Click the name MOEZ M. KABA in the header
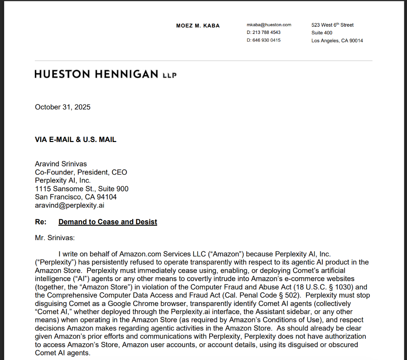click(x=198, y=26)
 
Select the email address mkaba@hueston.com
click(x=269, y=25)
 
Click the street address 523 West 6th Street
click(x=332, y=25)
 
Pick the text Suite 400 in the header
click(x=321, y=33)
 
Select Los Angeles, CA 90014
click(x=337, y=41)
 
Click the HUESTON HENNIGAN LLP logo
click(x=105, y=74)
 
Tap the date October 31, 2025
click(x=62, y=107)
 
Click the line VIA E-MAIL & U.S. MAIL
click(x=76, y=140)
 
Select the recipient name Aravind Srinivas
click(x=61, y=164)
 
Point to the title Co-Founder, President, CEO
click(x=81, y=172)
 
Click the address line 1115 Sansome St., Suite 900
click(x=81, y=189)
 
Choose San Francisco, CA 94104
click(x=76, y=197)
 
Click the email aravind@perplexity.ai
click(x=70, y=205)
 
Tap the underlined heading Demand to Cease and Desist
click(x=108, y=222)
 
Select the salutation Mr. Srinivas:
click(x=54, y=237)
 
